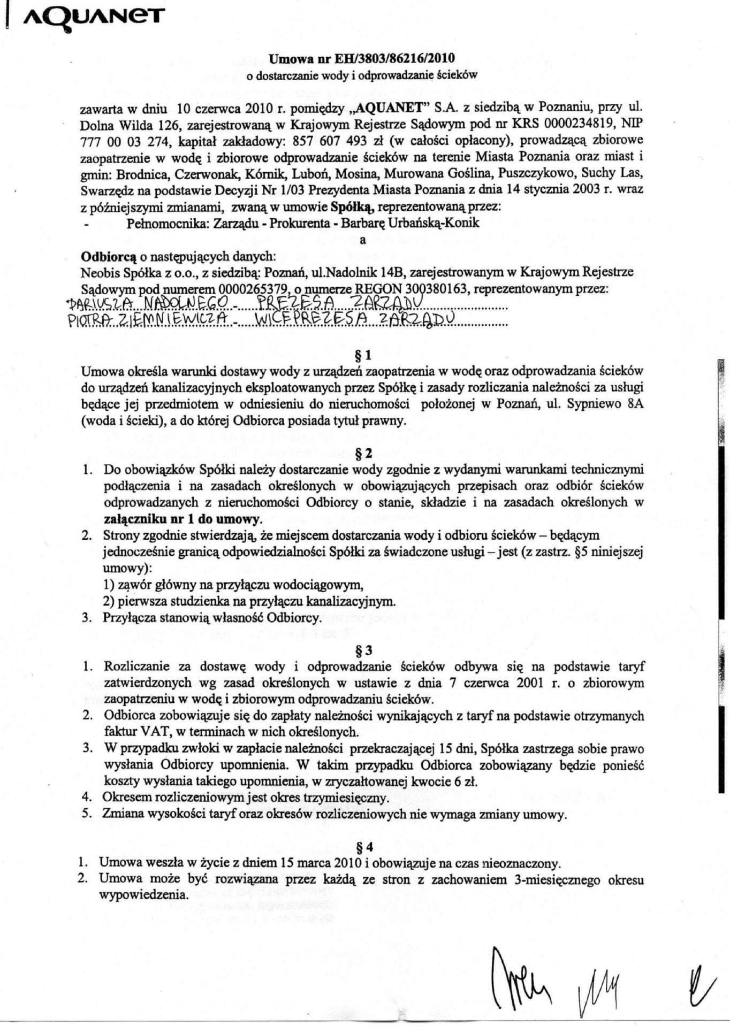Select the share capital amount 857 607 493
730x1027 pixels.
[331, 141]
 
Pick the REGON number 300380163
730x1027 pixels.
[431, 289]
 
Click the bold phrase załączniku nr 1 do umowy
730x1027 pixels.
[182, 519]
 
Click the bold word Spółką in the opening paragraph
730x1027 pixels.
[348, 206]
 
